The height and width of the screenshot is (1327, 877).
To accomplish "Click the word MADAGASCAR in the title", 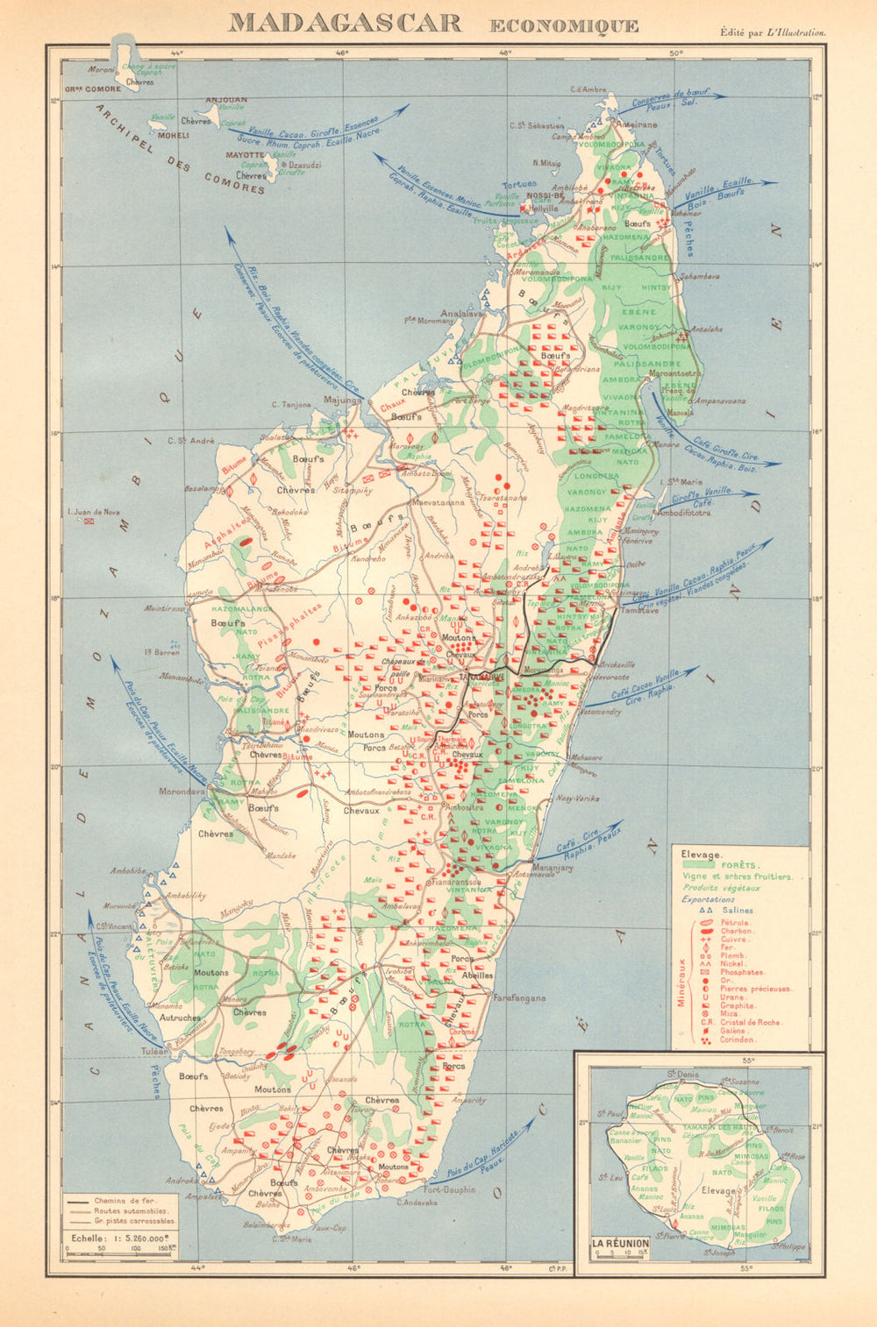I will (x=345, y=24).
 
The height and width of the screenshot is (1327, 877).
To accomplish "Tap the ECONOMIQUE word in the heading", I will (x=563, y=25).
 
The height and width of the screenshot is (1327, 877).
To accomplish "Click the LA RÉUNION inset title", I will (x=620, y=1243).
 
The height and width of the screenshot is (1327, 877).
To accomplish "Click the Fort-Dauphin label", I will (x=448, y=1189).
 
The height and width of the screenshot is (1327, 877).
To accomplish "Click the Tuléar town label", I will (x=154, y=1051).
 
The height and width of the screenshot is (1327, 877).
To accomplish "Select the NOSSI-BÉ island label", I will (x=545, y=196).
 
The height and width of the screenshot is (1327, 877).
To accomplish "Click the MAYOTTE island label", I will (x=246, y=154).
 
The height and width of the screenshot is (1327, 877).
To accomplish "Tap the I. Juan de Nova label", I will (x=93, y=513).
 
